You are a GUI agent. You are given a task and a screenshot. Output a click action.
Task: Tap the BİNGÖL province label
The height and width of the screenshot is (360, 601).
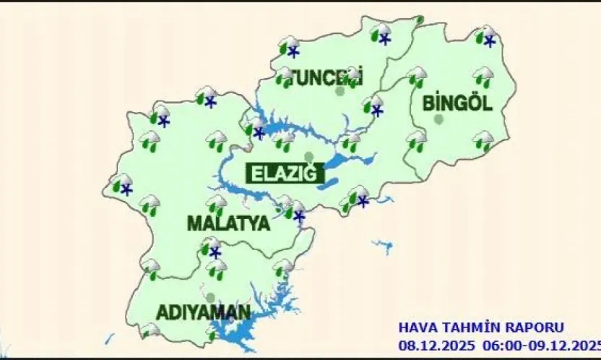[x=457, y=103]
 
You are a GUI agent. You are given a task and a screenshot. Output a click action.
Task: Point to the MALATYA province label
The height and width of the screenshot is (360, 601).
[x=228, y=223]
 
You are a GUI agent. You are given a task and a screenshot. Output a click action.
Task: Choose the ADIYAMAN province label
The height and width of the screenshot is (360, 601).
[x=204, y=313]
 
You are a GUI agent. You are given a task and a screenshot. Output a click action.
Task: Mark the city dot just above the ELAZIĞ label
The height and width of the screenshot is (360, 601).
[x=309, y=157]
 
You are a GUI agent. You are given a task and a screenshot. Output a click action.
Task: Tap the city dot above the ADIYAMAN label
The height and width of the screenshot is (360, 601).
[x=210, y=297]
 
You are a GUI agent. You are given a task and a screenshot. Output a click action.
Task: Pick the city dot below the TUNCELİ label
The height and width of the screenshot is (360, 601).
[x=340, y=91]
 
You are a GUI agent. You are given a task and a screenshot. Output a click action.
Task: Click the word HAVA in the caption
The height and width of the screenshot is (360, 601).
[x=415, y=327]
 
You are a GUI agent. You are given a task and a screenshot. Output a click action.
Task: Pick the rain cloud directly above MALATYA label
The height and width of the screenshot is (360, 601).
[x=216, y=205]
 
